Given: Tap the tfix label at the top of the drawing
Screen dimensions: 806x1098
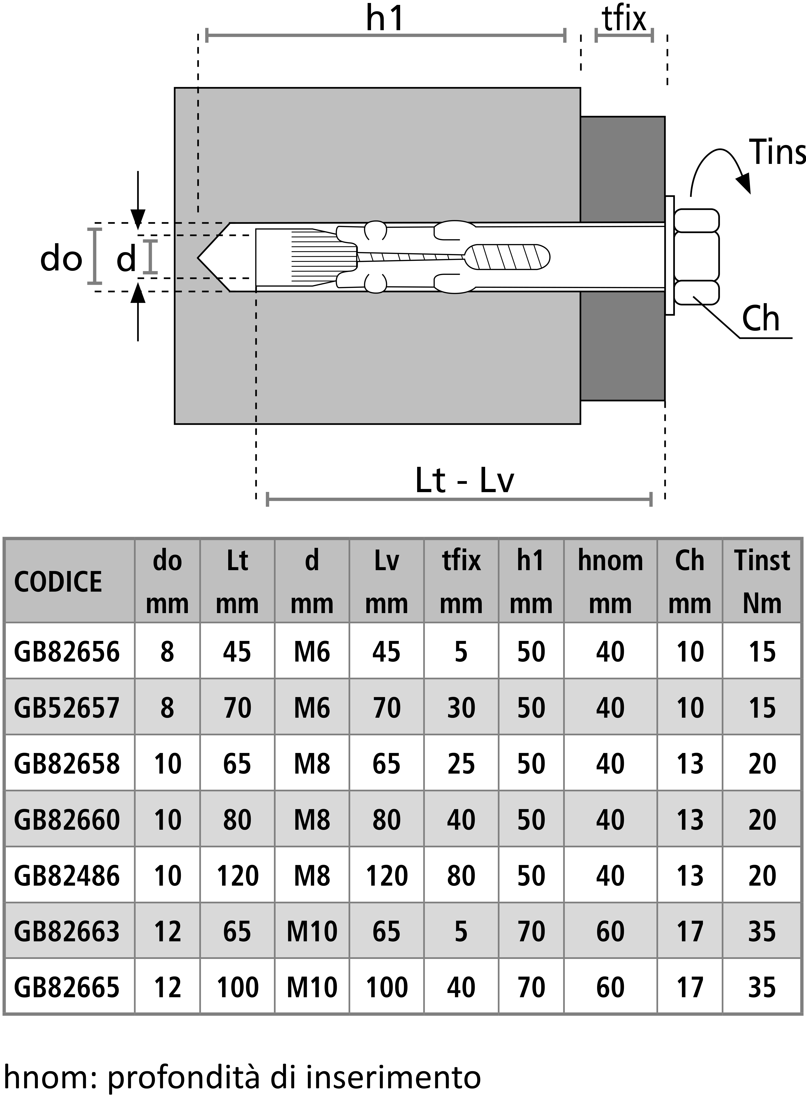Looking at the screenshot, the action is pos(624,20).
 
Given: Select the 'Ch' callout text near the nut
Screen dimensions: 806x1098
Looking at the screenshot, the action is pos(760,319).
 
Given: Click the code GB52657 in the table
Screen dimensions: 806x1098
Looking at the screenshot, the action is pos(67,708).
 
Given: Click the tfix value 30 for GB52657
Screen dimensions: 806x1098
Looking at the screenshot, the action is pos(461,708).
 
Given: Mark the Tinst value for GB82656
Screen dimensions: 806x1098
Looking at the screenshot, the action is pos(762,652).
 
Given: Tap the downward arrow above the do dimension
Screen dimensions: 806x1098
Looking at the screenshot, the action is pos(138,200).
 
